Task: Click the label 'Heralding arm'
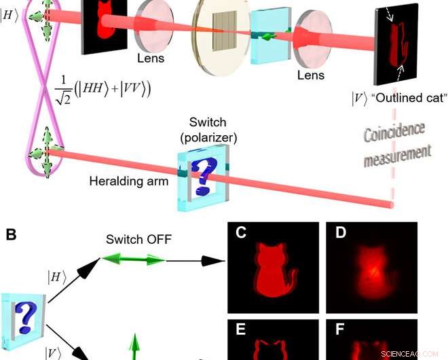(130, 181)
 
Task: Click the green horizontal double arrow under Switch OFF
(133, 259)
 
